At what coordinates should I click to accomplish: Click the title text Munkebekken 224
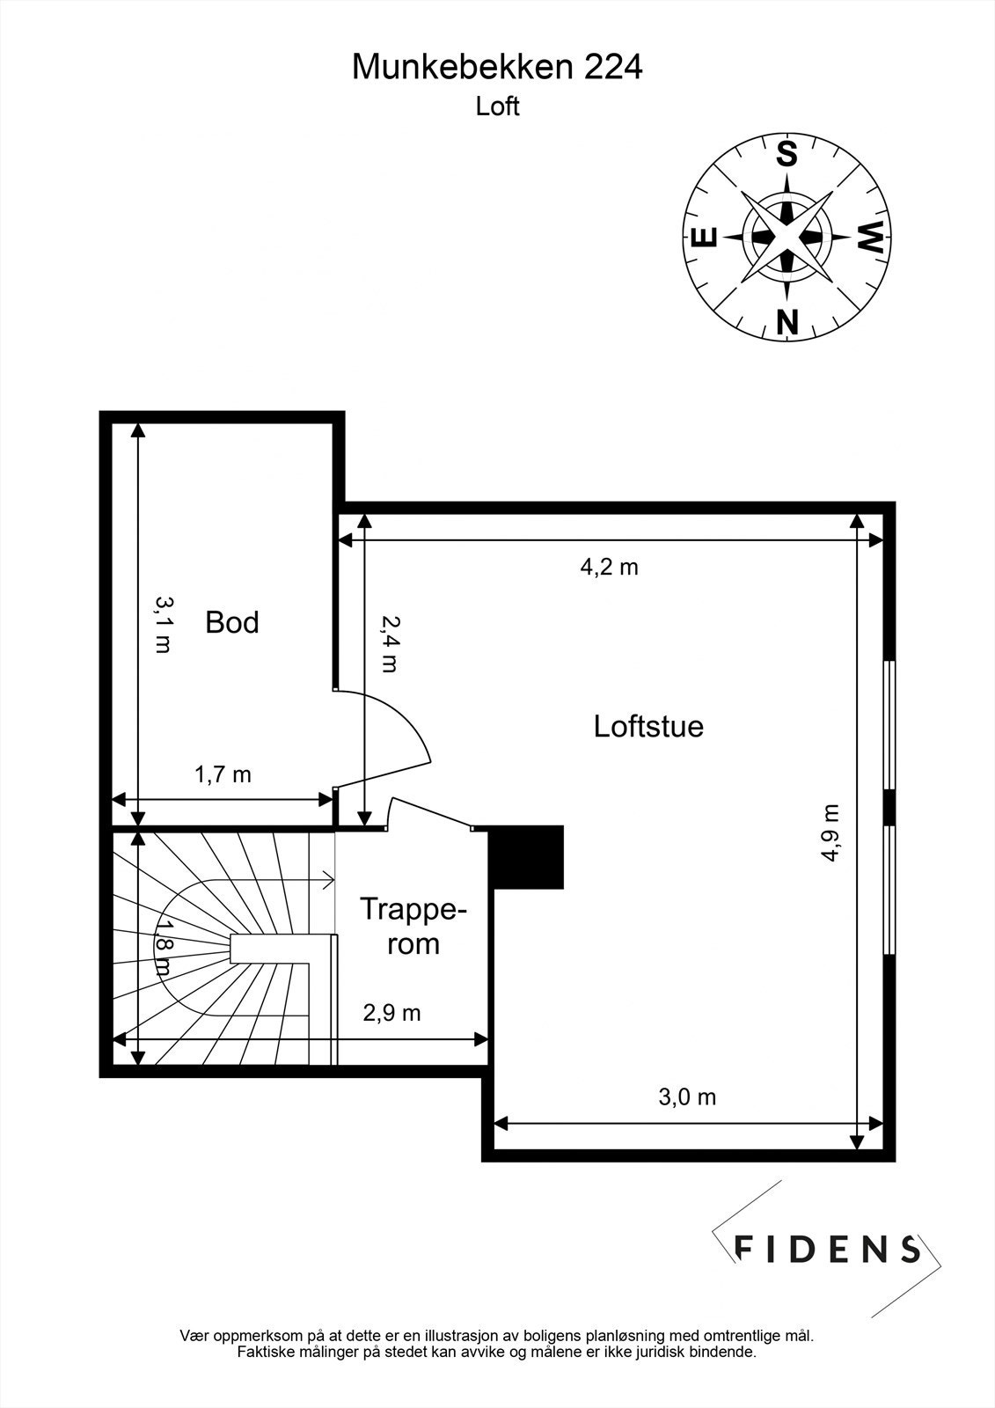[x=497, y=68]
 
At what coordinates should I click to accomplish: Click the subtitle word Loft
[x=497, y=106]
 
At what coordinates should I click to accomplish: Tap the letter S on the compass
[x=786, y=154]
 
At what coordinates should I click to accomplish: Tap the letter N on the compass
[x=786, y=322]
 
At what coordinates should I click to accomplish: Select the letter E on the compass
[x=703, y=237]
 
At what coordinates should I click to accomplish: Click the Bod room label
[x=231, y=622]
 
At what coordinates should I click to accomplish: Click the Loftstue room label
[x=648, y=727]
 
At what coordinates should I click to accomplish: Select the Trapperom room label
[x=412, y=926]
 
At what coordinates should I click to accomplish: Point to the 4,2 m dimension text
[x=609, y=567]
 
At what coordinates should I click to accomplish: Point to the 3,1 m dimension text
[x=164, y=624]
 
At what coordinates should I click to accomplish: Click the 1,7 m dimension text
[x=223, y=774]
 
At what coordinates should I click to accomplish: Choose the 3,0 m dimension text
[x=687, y=1096]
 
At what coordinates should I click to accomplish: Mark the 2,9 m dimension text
[x=392, y=1013]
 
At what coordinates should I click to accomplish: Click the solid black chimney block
[x=526, y=856]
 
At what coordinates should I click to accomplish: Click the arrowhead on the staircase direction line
[x=328, y=878]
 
